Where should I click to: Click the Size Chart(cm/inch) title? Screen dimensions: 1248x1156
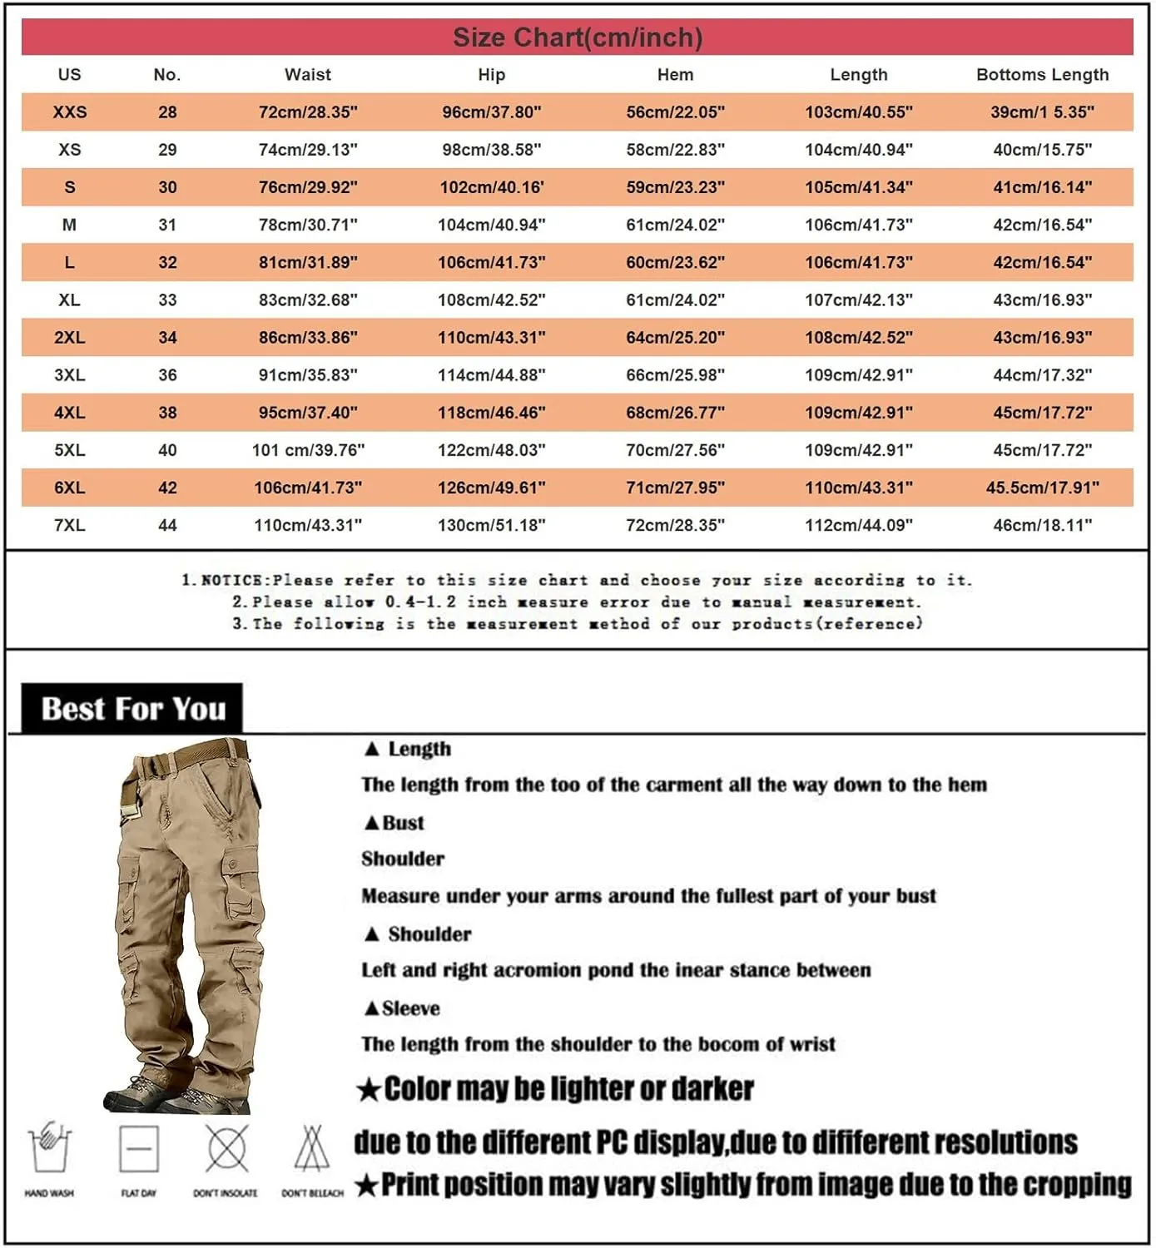(578, 37)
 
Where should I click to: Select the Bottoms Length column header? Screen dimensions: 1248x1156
(1042, 75)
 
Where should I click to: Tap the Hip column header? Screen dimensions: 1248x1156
(491, 75)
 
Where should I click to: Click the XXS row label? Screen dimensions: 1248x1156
(70, 112)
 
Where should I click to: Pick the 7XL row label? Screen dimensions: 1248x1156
(70, 525)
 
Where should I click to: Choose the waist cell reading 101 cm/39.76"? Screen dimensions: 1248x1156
(308, 450)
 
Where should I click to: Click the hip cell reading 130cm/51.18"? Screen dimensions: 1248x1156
(491, 525)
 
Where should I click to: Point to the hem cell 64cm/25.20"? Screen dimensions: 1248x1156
(675, 338)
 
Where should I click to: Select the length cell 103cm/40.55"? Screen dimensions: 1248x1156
(858, 112)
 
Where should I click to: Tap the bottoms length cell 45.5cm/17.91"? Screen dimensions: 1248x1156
(1042, 488)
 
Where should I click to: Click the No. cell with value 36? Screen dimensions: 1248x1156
(167, 375)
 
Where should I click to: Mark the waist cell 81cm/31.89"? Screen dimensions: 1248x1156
(308, 263)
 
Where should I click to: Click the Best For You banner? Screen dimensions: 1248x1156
(133, 709)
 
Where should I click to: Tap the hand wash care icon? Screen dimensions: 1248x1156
(49, 1148)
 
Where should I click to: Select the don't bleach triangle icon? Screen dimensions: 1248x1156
(312, 1150)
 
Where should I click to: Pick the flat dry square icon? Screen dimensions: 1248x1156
(138, 1149)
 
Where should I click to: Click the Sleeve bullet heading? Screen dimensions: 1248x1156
(403, 1008)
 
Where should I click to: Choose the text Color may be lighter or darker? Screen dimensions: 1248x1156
(556, 1089)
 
